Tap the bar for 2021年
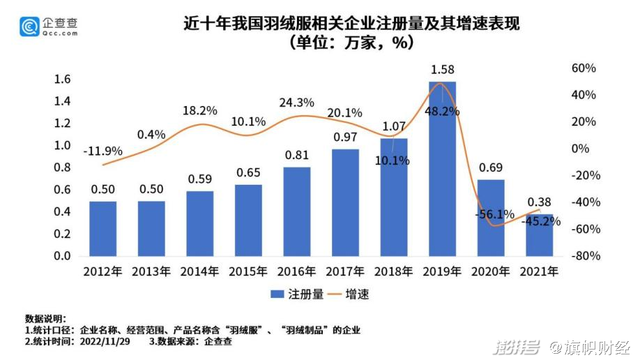point(539,235)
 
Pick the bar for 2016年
point(297,211)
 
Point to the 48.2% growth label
point(443,111)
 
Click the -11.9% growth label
point(102,151)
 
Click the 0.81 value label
point(297,155)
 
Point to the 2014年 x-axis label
point(200,271)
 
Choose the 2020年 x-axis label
point(491,271)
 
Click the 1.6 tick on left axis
point(62,79)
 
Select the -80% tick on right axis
point(584,256)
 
